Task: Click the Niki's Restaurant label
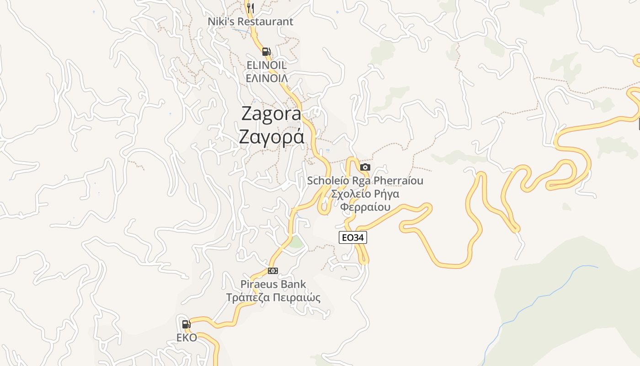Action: pos(250,22)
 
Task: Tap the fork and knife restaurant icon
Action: pos(250,8)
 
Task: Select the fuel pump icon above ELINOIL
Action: pos(266,51)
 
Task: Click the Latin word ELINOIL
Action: pos(267,65)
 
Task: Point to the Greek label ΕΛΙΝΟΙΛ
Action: pos(267,78)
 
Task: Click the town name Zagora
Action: pos(271,114)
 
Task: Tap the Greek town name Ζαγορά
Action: pos(271,136)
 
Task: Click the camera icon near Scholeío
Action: pos(365,167)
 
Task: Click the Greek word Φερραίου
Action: pos(365,207)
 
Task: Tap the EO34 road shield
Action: pos(353,237)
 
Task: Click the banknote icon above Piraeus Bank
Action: pos(273,271)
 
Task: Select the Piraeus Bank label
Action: pos(273,284)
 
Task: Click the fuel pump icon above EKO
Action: pos(186,324)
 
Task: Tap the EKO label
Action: pos(187,338)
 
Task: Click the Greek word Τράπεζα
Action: pos(247,298)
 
